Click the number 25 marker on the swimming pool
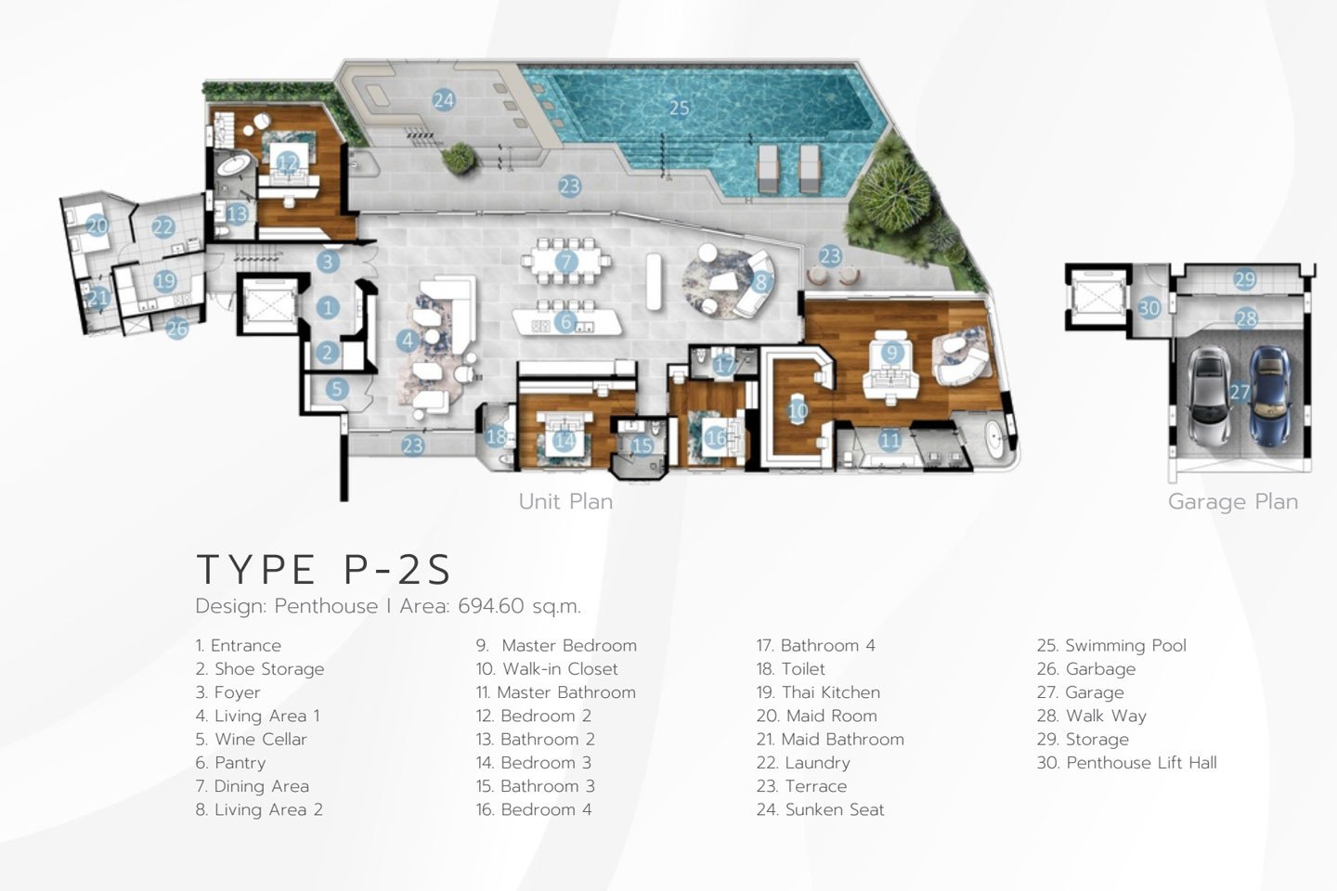tap(680, 108)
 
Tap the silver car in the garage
tap(1207, 395)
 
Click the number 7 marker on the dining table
tap(566, 261)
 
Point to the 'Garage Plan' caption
tap(1233, 502)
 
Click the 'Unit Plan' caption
tap(565, 502)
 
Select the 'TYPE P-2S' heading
tap(324, 569)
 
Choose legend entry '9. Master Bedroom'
tap(556, 645)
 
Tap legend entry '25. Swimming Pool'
tap(1111, 646)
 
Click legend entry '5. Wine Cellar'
tap(252, 739)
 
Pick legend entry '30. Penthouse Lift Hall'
tap(1127, 762)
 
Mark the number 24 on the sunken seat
tap(444, 100)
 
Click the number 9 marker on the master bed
tap(891, 352)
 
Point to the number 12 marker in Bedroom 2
tap(287, 161)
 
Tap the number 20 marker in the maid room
tap(97, 226)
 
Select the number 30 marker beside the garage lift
tap(1149, 308)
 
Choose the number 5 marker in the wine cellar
tap(337, 389)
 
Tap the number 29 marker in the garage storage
tap(1244, 279)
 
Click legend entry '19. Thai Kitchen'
tap(818, 692)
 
